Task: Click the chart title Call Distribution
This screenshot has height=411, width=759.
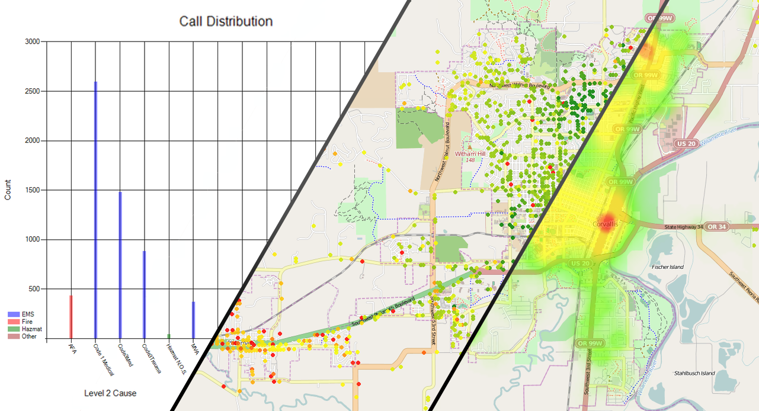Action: [226, 21]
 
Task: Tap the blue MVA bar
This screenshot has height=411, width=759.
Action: [193, 320]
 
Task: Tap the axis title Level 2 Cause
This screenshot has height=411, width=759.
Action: [110, 393]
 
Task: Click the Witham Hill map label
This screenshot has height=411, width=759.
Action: [470, 154]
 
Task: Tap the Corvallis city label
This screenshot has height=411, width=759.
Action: [605, 224]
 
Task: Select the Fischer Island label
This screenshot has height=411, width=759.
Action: [667, 267]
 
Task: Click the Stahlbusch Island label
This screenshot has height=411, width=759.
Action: [694, 373]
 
